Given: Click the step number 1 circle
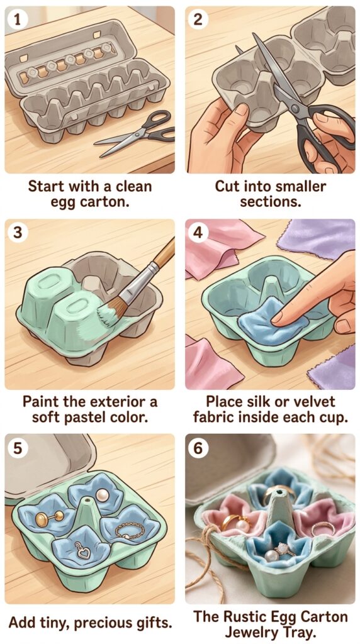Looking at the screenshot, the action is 17,20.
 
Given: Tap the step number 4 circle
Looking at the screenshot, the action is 198,233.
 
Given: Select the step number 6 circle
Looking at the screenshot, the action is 198,448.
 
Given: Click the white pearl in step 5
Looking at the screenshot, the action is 103,496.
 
